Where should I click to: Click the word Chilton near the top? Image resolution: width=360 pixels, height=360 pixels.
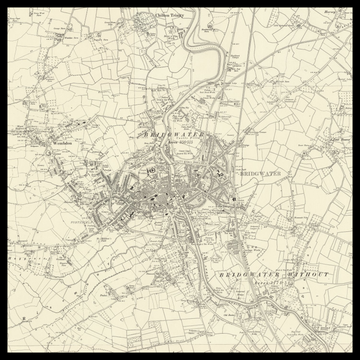160,16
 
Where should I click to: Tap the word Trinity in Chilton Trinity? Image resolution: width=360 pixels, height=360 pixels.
177,16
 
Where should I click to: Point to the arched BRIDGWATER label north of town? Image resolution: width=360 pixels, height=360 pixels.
175,134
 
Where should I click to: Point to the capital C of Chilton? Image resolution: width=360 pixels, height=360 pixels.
152,16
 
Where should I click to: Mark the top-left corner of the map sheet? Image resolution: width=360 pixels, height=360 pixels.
6,6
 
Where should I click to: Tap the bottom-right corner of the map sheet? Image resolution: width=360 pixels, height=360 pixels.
353,353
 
